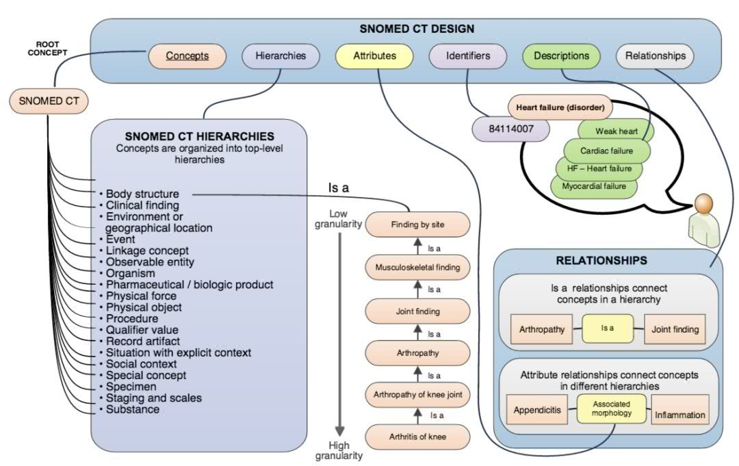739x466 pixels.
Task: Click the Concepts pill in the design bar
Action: click(x=187, y=56)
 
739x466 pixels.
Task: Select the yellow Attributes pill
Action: click(x=374, y=56)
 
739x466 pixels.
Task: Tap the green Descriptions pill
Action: click(x=561, y=56)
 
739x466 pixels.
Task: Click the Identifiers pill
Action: click(x=468, y=56)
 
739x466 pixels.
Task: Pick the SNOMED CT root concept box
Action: click(x=49, y=102)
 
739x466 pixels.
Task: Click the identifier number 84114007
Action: click(x=510, y=128)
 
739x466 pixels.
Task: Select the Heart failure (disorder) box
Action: click(x=560, y=107)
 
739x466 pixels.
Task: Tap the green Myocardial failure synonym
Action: click(x=593, y=186)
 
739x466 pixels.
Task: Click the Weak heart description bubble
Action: click(x=616, y=131)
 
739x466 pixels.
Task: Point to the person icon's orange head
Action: click(x=703, y=204)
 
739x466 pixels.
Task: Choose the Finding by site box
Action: click(x=418, y=224)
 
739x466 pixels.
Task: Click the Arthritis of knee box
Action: click(x=418, y=436)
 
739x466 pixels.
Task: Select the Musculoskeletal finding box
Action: click(x=418, y=267)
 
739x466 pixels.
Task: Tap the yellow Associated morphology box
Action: click(x=611, y=409)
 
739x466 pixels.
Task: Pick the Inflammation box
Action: click(x=679, y=415)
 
